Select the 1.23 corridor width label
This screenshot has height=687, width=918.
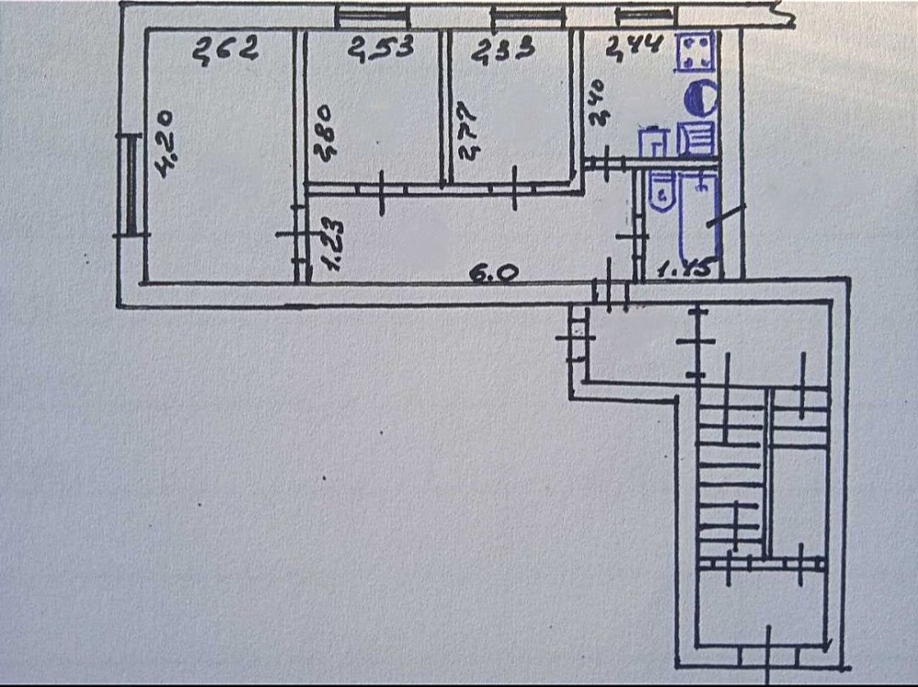pyautogui.click(x=332, y=244)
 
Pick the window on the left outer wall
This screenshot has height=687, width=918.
pyautogui.click(x=132, y=183)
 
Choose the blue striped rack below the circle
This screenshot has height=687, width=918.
pyautogui.click(x=695, y=139)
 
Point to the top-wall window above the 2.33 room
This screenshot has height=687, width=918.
pyautogui.click(x=526, y=15)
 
